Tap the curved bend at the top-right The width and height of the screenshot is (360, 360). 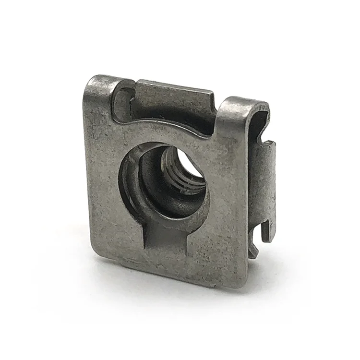[x=245, y=103]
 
